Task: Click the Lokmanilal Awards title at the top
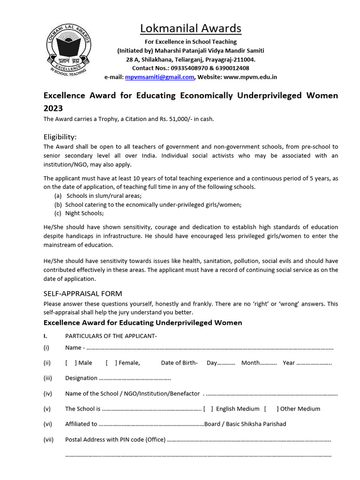(x=191, y=29)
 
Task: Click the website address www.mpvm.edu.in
(x=250, y=77)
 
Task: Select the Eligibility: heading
(x=60, y=137)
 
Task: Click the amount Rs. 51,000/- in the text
(x=168, y=119)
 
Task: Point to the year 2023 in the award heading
(x=53, y=107)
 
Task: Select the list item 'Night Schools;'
(x=84, y=213)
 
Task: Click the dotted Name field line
(x=210, y=348)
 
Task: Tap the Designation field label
(x=81, y=378)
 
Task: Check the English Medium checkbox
(x=208, y=409)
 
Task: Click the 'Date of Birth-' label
(x=179, y=363)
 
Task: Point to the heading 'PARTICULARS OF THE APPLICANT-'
(x=111, y=336)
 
